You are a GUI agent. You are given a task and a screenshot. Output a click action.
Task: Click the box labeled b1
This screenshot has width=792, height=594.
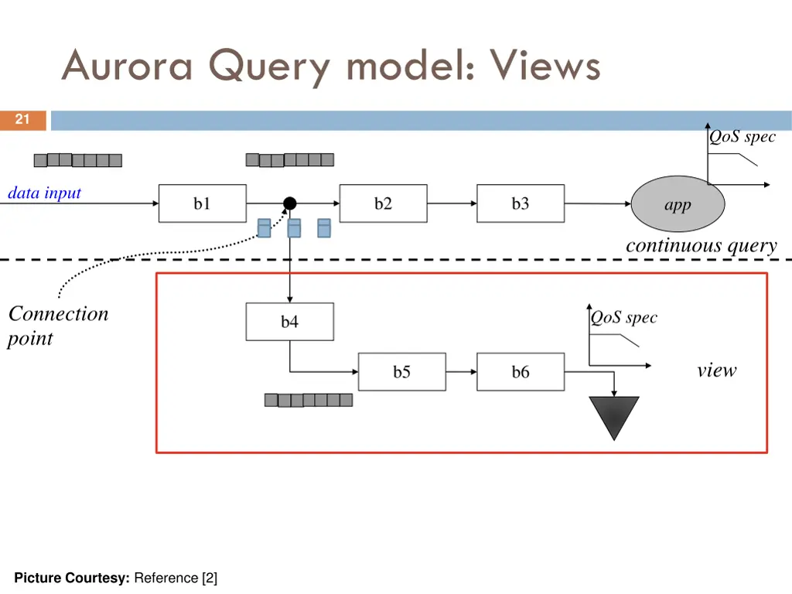(202, 203)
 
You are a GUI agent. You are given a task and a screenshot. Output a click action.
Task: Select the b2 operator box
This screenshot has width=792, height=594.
(383, 203)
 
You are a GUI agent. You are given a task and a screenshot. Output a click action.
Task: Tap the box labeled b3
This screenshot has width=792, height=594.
(520, 203)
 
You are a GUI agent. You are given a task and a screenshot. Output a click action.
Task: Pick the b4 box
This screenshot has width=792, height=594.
(289, 322)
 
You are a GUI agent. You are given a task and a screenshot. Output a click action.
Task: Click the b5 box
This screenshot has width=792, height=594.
(401, 372)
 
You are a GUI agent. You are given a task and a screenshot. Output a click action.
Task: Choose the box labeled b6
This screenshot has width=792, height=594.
(520, 372)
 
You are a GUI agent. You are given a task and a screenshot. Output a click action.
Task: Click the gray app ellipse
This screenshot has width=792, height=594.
(678, 204)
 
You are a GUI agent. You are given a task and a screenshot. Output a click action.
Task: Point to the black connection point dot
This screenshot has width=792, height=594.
(289, 203)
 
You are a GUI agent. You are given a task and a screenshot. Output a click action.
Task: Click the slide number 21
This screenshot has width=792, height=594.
(22, 119)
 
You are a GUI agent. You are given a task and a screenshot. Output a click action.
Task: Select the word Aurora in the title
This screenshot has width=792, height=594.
(127, 66)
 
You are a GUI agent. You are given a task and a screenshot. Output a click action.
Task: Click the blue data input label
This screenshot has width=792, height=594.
(44, 193)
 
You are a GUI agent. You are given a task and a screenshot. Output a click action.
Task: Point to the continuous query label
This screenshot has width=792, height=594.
(701, 245)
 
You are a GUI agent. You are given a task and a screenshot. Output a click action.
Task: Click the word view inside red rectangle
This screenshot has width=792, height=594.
(716, 370)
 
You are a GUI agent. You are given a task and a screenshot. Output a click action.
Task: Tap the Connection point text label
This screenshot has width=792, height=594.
(57, 326)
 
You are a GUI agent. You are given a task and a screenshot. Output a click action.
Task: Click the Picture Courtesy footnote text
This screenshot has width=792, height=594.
(115, 578)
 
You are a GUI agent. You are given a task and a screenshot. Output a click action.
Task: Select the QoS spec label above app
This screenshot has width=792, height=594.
(742, 137)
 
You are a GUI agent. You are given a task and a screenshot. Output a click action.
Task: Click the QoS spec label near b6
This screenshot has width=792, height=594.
(623, 317)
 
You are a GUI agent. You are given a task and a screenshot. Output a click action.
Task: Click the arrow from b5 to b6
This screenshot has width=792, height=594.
(461, 372)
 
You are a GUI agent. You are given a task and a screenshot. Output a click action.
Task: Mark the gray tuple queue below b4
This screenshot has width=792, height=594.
(308, 400)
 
